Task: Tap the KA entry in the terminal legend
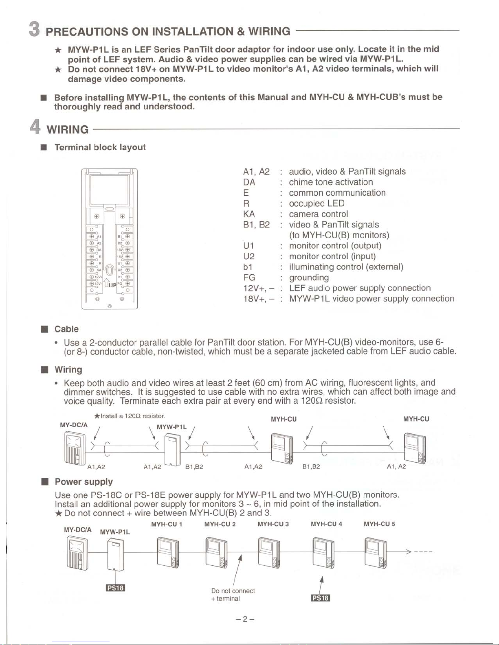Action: tap(249, 214)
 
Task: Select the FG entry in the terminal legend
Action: tap(249, 278)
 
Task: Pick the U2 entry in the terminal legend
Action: tap(249, 256)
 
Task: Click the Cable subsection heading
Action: tap(66, 329)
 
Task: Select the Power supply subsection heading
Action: tap(84, 481)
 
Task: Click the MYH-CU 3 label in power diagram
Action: tap(273, 524)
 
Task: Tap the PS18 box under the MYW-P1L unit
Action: tap(115, 588)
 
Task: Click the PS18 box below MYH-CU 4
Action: tap(320, 597)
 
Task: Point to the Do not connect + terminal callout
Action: tap(233, 595)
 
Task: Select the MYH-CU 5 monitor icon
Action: tap(375, 552)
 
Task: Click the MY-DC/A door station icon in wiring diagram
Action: tap(75, 448)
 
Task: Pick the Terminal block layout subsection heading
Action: tap(100, 147)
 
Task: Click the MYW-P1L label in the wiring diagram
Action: tap(171, 427)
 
